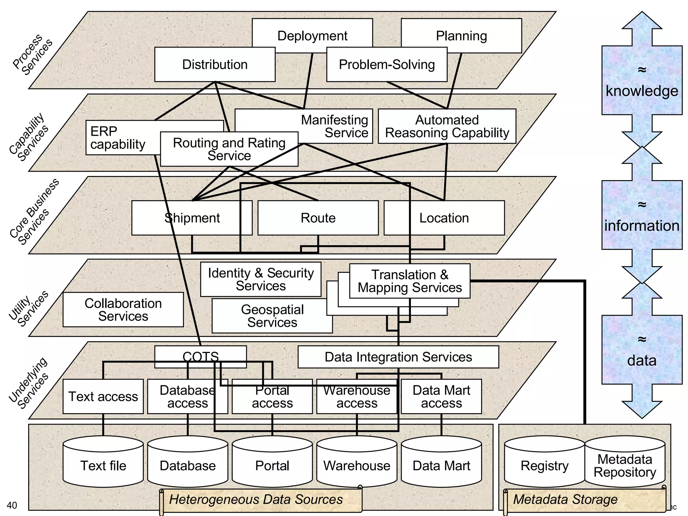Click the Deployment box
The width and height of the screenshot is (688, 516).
pos(312,35)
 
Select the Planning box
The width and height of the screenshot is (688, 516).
pos(461,35)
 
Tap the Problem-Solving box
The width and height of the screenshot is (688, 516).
pos(387,64)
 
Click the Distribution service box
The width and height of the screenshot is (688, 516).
pos(215,64)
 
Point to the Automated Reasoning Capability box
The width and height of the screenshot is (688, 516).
pos(447,126)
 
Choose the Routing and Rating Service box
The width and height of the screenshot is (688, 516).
pos(229,149)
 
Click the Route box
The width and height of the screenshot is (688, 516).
pos(318,218)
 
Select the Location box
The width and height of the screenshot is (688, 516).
pos(444,218)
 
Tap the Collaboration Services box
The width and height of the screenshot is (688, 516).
pos(123,309)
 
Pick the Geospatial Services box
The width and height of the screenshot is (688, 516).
pos(272,316)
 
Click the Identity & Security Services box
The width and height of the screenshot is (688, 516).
pos(261,279)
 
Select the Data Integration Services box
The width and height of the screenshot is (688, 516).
pos(398,357)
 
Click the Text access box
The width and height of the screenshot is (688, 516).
pos(103,397)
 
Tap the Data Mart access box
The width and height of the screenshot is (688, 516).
pos(441,397)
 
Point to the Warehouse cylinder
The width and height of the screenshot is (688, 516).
pos(356,465)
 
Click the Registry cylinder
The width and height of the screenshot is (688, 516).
pos(544,465)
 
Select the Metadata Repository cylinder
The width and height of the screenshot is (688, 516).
pos(625,465)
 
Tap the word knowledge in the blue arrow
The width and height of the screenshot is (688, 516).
pos(642,91)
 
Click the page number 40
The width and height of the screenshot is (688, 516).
pos(12,505)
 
